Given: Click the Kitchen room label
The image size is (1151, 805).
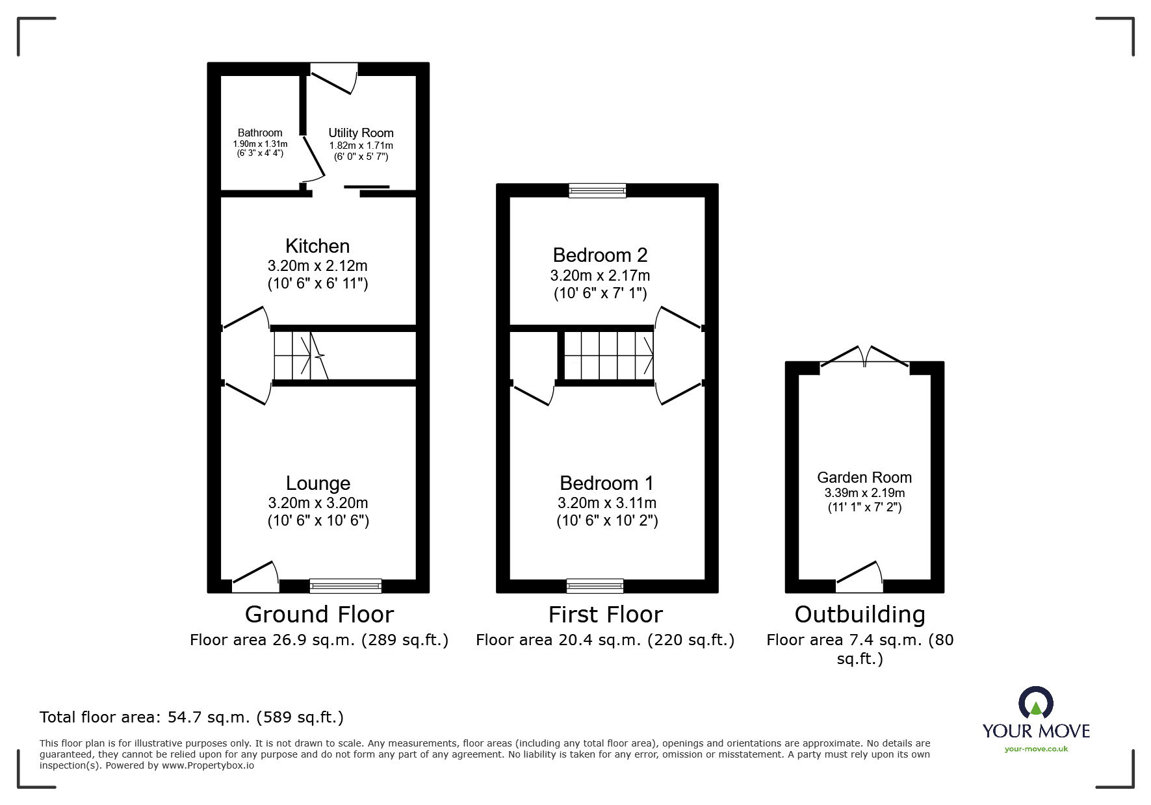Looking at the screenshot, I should click(x=317, y=246).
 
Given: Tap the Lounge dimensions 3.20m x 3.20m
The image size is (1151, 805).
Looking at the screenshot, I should click(x=318, y=503).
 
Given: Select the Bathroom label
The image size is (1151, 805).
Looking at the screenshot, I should click(x=260, y=133).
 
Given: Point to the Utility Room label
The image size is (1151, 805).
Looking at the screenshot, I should click(x=361, y=133).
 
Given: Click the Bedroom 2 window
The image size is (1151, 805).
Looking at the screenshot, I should click(x=597, y=190).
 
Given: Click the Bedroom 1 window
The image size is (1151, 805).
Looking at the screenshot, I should click(x=595, y=586).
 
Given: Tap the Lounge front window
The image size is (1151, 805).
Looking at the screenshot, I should click(x=345, y=586).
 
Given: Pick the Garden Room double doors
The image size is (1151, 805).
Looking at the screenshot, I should click(x=864, y=358).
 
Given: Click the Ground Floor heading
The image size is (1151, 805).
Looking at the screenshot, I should click(x=319, y=615).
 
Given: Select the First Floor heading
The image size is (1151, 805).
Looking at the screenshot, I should click(x=605, y=615).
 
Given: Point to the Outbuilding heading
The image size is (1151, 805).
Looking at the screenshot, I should click(x=860, y=615).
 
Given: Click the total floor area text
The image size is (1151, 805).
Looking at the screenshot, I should click(x=192, y=717).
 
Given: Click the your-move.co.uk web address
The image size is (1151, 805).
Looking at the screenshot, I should click(x=1036, y=749).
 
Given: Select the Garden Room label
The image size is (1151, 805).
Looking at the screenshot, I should click(x=864, y=478).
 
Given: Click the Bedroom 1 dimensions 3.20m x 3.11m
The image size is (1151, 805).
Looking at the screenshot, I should click(x=607, y=503).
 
